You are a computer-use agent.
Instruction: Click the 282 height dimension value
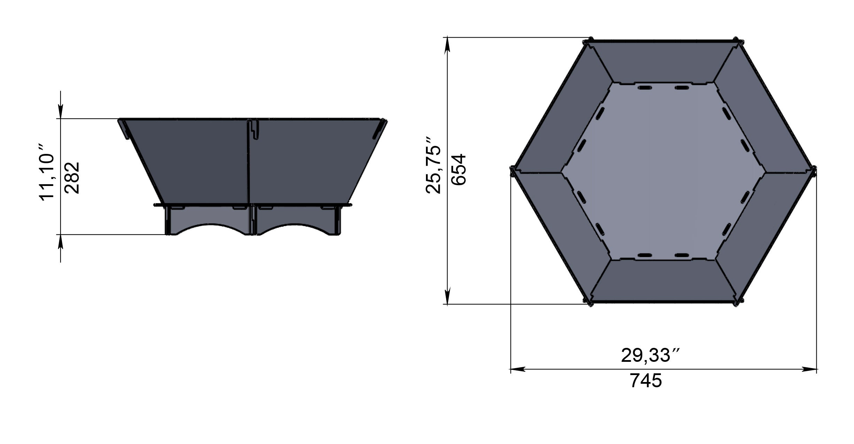(72, 178)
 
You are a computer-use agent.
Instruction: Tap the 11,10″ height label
(47, 176)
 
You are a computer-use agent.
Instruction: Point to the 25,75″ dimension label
(433, 165)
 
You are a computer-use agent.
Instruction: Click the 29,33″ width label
(650, 356)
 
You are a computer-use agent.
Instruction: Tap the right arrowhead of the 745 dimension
(810, 369)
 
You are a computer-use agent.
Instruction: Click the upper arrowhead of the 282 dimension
(61, 112)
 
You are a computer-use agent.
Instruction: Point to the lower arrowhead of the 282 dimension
(61, 242)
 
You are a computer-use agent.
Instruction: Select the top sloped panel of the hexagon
(663, 63)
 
